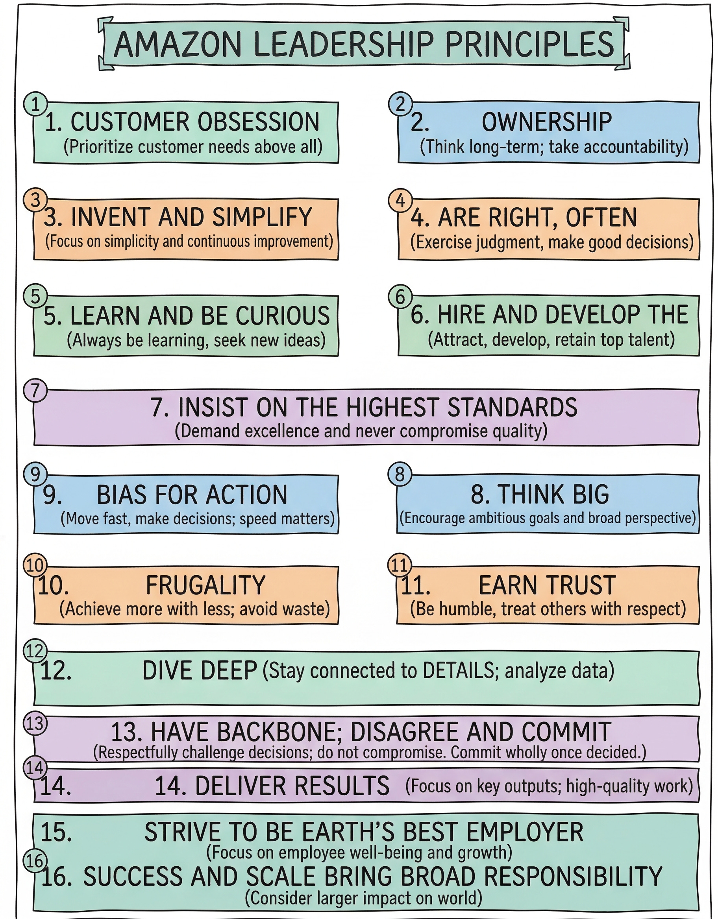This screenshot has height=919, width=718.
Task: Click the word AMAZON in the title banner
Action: (x=177, y=44)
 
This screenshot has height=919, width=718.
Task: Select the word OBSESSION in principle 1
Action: (x=259, y=122)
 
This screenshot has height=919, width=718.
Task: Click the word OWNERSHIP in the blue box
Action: (x=546, y=122)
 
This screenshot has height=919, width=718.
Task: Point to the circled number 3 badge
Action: (x=36, y=200)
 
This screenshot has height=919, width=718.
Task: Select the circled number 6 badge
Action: (x=400, y=297)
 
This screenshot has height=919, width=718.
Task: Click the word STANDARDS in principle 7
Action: (x=512, y=407)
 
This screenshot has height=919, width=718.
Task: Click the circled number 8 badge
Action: (x=400, y=474)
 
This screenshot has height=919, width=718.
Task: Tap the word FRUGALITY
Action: (x=205, y=585)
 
